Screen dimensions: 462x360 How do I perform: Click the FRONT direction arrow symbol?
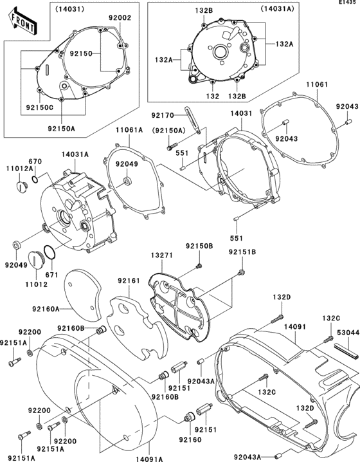(20, 24)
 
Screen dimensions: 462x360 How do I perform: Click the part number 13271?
(161, 255)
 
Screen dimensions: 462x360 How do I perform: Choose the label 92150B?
(199, 246)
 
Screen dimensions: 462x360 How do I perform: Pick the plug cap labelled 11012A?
(21, 187)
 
